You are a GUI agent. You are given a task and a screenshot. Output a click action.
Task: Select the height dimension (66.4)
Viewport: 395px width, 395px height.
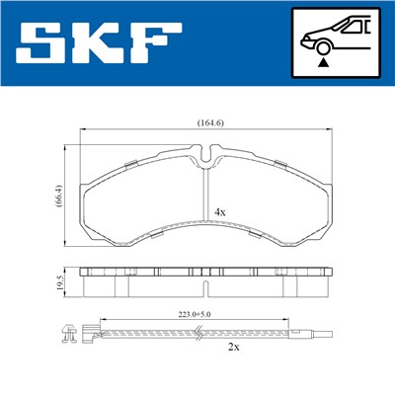coord(56,196)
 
